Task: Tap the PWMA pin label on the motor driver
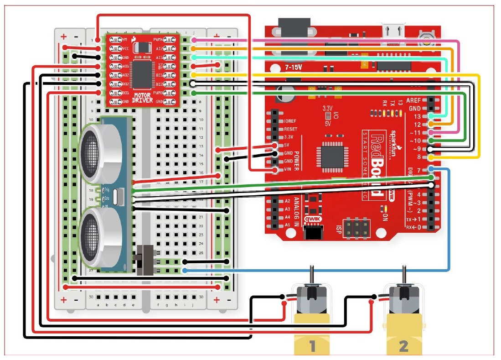(x=160, y=40)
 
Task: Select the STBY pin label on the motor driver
(x=160, y=66)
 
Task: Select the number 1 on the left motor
(x=312, y=346)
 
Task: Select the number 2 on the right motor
(x=403, y=346)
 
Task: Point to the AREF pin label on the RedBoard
(x=413, y=100)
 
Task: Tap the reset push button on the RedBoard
(x=427, y=37)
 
